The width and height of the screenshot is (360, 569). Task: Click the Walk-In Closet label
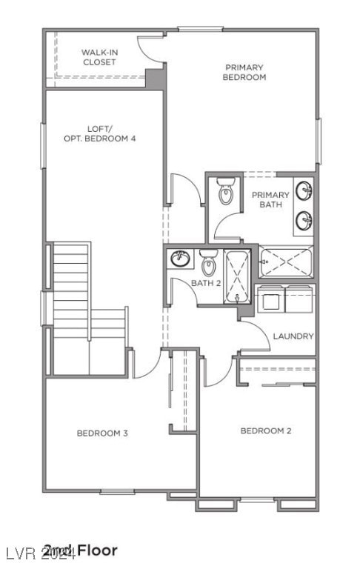coord(99,58)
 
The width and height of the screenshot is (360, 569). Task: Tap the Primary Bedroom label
coord(244,72)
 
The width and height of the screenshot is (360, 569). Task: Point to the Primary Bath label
coord(270,200)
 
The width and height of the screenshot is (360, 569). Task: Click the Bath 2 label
coord(207,283)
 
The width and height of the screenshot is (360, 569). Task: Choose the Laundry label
coord(293,336)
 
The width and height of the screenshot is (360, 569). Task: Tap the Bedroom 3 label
coord(102,433)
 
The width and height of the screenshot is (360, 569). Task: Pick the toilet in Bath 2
coord(208,262)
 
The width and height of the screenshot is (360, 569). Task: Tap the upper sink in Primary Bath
coord(304,190)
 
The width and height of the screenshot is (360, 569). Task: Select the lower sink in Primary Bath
coord(304,219)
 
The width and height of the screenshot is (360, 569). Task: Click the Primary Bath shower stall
coord(286,261)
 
